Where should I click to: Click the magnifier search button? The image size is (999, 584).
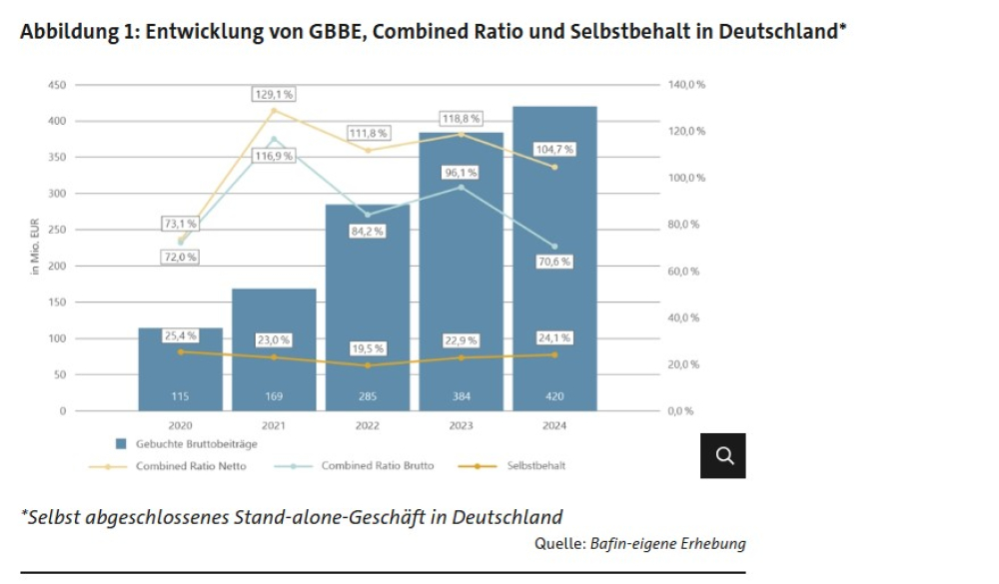click(724, 455)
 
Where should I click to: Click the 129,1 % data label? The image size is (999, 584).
click(274, 94)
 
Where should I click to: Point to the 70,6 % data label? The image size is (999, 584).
click(554, 263)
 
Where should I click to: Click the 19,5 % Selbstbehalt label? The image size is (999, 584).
click(368, 348)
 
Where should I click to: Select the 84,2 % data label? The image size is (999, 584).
click(368, 231)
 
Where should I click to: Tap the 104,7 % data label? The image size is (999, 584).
click(554, 149)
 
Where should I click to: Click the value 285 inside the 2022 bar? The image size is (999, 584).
click(368, 396)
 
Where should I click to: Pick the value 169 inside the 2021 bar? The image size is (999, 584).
click(274, 396)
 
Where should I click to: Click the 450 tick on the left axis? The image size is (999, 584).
click(56, 85)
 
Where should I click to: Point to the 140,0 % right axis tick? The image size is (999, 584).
click(686, 85)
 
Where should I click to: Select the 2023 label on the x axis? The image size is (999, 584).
click(462, 425)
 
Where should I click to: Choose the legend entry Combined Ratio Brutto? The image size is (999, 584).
click(374, 466)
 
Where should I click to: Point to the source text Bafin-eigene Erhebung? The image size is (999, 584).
click(668, 544)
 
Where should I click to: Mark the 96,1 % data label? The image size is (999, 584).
click(462, 173)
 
